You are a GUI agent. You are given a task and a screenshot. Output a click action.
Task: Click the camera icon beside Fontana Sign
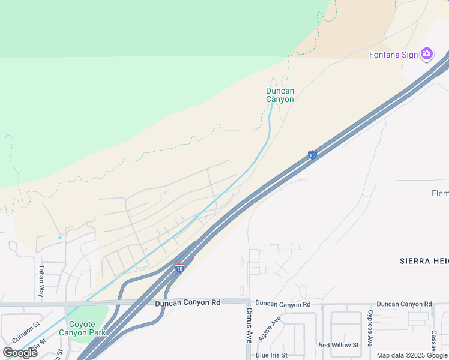(x=427, y=55)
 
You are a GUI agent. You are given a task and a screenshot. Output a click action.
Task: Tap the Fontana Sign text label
(x=393, y=55)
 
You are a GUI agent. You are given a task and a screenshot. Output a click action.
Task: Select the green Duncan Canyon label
(x=280, y=95)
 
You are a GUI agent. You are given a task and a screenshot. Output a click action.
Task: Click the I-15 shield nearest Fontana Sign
(x=312, y=155)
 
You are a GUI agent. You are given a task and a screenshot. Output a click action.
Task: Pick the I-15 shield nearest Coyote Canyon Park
(x=179, y=268)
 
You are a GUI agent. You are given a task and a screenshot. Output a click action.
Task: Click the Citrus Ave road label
(x=249, y=325)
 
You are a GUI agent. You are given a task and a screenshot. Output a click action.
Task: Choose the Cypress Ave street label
(x=370, y=328)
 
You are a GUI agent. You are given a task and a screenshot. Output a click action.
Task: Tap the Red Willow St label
(x=339, y=345)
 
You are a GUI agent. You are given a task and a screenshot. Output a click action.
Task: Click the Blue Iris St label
(x=271, y=355)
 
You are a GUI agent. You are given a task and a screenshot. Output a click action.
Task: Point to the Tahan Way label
(x=41, y=281)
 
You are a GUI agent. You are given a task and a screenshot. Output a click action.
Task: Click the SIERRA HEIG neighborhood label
(x=424, y=261)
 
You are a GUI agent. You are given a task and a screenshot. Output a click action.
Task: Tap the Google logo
(x=20, y=353)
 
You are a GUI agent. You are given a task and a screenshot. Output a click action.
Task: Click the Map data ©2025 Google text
(x=412, y=355)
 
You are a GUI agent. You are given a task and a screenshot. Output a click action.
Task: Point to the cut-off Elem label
(x=440, y=193)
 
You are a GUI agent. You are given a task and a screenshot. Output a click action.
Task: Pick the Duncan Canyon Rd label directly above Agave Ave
(x=282, y=305)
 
